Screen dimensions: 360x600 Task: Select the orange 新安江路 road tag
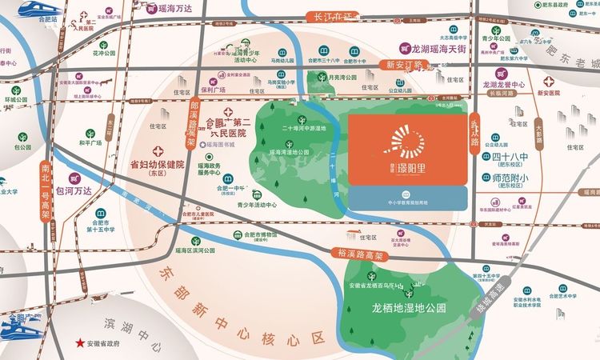[402, 64]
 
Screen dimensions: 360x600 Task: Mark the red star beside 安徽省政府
[79, 343]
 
